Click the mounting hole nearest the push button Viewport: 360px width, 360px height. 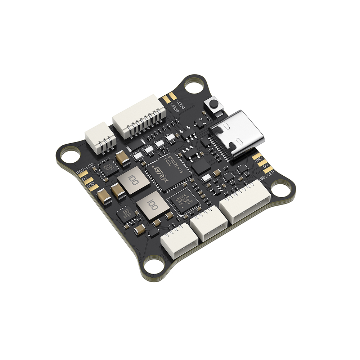point(193,86)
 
